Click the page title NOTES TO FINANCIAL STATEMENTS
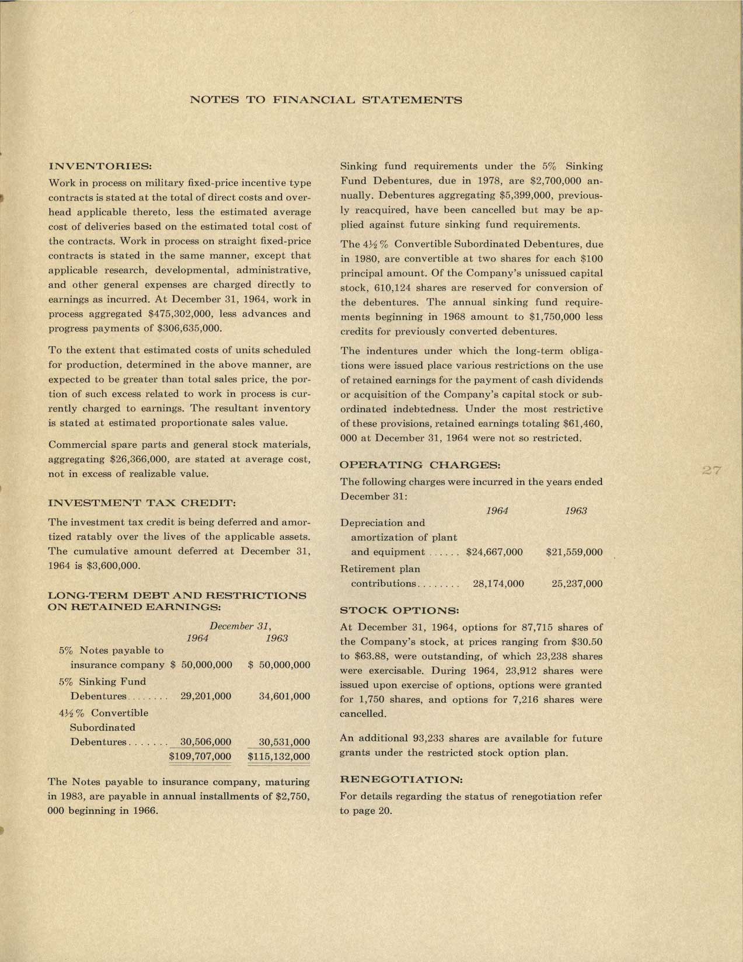(x=326, y=100)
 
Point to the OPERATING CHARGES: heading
(x=420, y=465)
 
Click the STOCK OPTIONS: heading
(x=399, y=611)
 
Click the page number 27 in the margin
(x=713, y=471)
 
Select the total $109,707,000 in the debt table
(x=200, y=757)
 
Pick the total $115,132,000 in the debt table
(x=279, y=757)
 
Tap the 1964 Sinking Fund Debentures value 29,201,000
(x=205, y=696)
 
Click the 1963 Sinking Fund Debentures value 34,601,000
(x=284, y=696)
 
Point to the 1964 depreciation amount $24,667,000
(x=494, y=552)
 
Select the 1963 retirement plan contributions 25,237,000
(x=577, y=583)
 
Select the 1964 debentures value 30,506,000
(x=205, y=742)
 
